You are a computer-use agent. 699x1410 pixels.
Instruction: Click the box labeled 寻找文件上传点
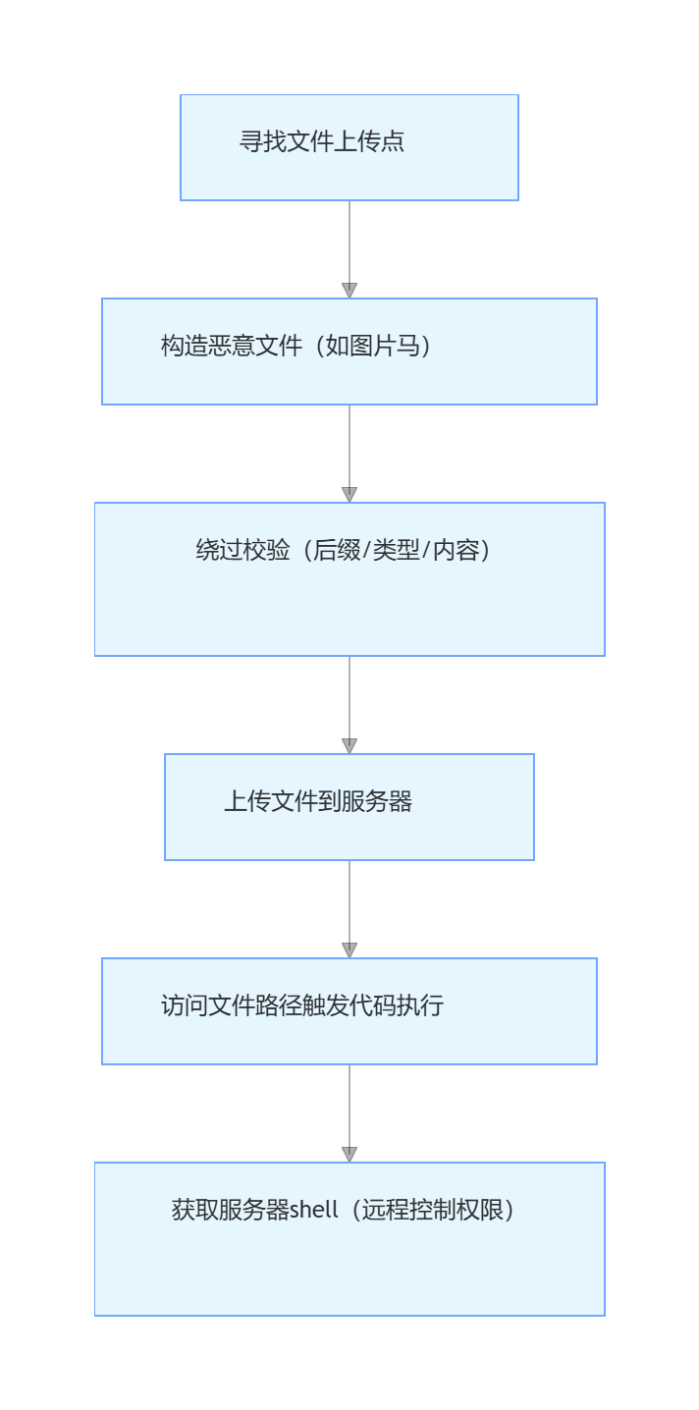[x=349, y=147]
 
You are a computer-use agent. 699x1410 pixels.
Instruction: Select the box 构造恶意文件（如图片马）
[x=349, y=352]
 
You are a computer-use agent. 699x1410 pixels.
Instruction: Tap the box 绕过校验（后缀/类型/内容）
[x=349, y=579]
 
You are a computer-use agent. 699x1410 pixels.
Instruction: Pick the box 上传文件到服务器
[x=349, y=807]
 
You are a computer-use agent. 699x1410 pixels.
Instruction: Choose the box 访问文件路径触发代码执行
[x=349, y=1011]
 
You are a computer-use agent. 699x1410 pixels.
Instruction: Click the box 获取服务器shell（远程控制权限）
[x=349, y=1239]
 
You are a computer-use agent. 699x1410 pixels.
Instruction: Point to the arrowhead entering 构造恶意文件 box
[x=349, y=290]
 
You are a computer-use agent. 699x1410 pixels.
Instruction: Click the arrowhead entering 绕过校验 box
[x=349, y=494]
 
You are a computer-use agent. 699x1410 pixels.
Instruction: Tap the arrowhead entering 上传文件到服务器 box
[x=349, y=745]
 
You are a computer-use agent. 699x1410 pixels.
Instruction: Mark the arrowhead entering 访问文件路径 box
[x=349, y=949]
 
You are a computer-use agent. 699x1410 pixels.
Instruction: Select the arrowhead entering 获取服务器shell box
[x=349, y=1154]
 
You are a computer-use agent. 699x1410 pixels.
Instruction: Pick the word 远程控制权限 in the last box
[x=433, y=1210]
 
